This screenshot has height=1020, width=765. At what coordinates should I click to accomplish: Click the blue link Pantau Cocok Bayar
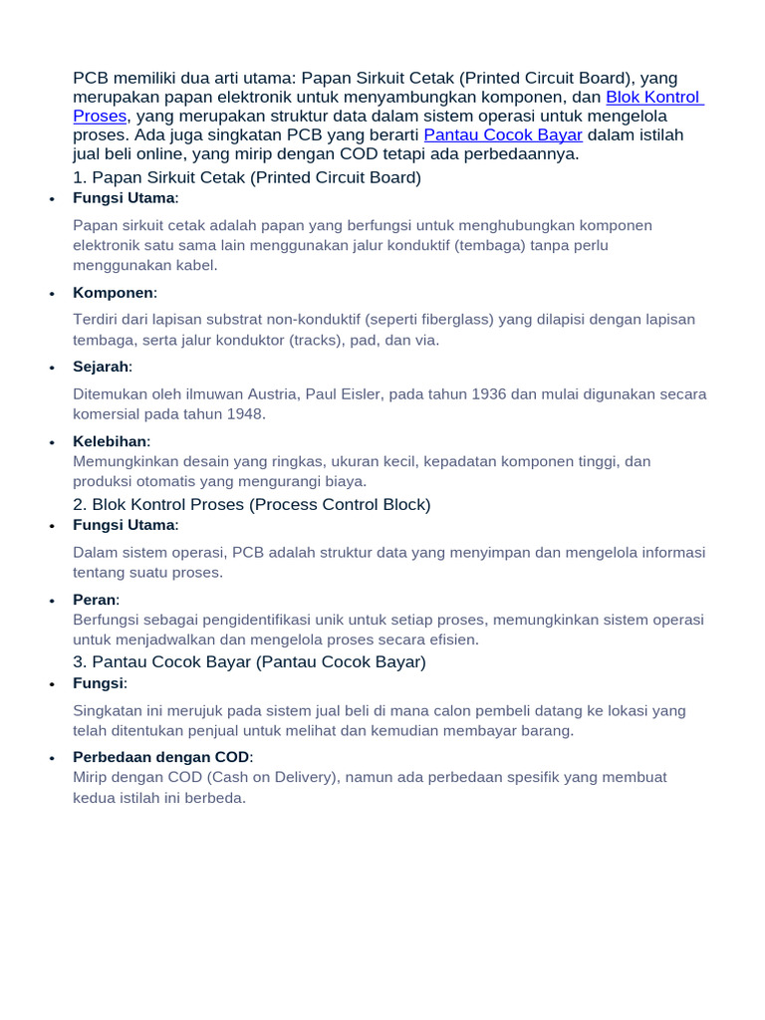coord(503,135)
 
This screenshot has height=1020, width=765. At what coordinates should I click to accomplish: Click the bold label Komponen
coord(114,293)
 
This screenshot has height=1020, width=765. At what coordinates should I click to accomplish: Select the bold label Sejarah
coord(101,368)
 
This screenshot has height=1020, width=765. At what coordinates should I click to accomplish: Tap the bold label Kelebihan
coord(110,441)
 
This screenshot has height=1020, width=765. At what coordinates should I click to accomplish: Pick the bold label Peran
coord(95,600)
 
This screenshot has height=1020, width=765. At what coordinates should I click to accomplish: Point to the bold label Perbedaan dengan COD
coord(160,757)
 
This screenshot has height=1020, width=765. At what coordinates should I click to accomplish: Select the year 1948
coord(246,414)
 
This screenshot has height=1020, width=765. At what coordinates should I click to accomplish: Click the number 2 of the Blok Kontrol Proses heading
coord(79,505)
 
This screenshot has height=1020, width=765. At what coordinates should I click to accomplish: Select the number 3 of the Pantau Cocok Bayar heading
coord(79,662)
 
